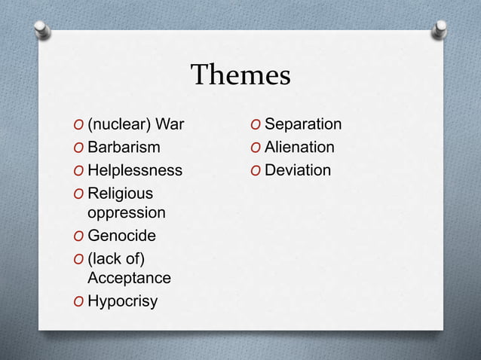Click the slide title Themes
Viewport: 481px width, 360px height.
240,75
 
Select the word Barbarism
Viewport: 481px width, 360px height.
124,147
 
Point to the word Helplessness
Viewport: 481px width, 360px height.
135,170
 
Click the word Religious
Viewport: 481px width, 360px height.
120,194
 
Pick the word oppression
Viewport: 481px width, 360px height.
127,212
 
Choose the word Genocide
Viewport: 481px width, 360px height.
121,236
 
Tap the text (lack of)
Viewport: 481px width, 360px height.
116,259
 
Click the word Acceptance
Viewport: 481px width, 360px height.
129,278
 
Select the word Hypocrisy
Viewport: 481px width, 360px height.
123,301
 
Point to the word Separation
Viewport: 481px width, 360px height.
303,124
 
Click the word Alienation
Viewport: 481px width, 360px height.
299,147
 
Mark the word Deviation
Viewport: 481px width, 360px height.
298,170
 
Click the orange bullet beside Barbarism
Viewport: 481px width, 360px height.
78,148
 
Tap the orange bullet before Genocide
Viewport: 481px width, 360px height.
78,236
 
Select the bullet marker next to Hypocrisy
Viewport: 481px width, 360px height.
78,302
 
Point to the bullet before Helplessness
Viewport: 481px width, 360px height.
78,171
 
